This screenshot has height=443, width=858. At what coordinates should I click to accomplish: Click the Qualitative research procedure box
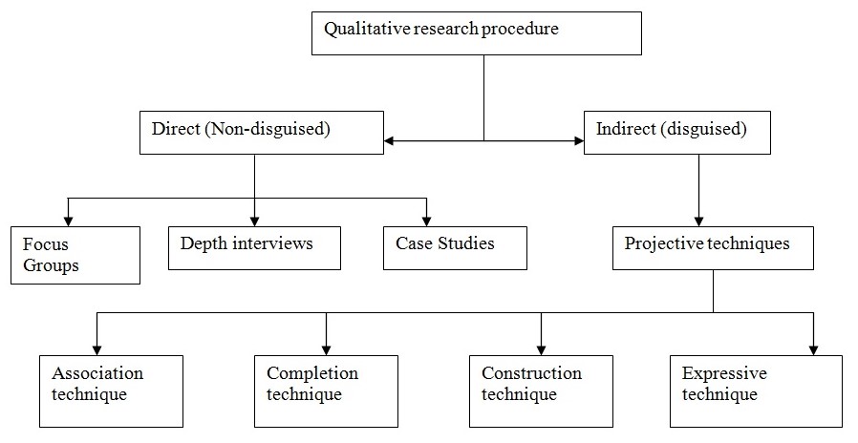[x=476, y=33]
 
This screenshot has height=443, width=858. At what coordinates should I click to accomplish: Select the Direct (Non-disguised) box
[x=261, y=132]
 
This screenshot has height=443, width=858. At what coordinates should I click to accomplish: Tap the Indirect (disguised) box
[x=677, y=132]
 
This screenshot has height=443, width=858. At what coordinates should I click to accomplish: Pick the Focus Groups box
[x=75, y=255]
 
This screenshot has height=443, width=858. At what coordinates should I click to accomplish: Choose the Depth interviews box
[x=254, y=247]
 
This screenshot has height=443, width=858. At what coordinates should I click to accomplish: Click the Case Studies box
[x=455, y=247]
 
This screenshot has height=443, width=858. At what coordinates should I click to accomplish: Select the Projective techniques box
[x=713, y=247]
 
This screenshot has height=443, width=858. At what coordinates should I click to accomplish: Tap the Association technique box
[x=111, y=390]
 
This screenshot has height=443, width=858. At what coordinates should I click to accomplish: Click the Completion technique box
[x=326, y=390]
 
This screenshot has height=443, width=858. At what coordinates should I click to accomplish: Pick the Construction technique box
[x=541, y=390]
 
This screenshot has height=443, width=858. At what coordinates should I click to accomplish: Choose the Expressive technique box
[x=756, y=390]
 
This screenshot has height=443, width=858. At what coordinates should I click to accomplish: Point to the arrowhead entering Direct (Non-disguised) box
[x=388, y=141]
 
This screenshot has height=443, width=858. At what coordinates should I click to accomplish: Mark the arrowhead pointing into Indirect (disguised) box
[x=578, y=141]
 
